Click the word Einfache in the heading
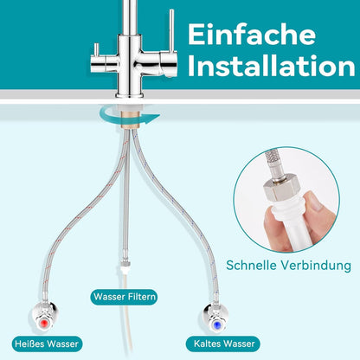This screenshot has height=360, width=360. [252, 35]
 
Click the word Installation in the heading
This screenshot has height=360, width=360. [271, 66]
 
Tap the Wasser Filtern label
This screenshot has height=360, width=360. [125, 297]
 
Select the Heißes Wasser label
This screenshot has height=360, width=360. [47, 344]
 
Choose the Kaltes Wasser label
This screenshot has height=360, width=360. [224, 344]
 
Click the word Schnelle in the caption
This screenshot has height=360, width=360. [251, 265]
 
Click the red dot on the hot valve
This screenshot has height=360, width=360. [44, 323]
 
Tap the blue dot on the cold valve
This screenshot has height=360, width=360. [215, 325]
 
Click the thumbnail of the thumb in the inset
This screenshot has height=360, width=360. [317, 202]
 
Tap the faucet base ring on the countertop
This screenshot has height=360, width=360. [129, 95]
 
